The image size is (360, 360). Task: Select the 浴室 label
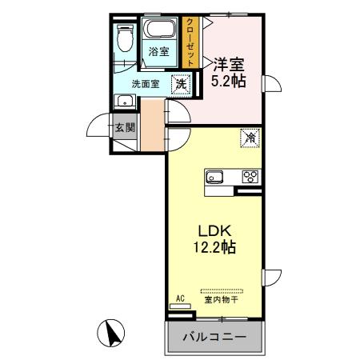[158, 52]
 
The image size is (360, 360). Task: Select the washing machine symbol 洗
[182, 82]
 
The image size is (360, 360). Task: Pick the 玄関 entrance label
[122, 126]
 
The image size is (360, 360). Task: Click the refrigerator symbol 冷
[250, 138]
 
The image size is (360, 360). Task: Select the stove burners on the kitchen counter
[250, 177]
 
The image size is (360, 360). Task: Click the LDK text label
[214, 230]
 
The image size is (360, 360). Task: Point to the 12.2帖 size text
[214, 247]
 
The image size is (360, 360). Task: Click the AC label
[179, 298]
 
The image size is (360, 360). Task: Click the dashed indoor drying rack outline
[221, 290]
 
